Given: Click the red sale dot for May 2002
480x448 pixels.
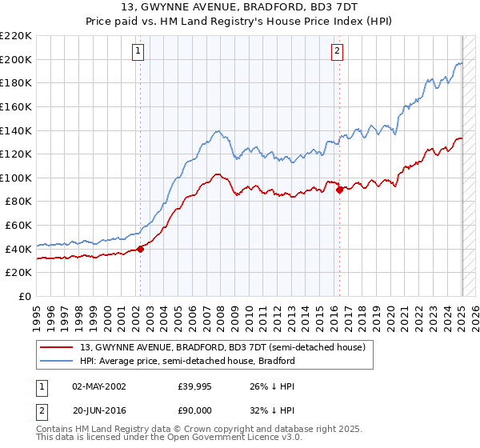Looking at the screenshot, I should pos(140,248).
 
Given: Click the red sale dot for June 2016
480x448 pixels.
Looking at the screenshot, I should pos(339,190).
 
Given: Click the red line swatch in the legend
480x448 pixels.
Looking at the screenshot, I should pos(57,347).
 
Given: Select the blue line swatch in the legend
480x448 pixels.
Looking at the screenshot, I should pos(57,361).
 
